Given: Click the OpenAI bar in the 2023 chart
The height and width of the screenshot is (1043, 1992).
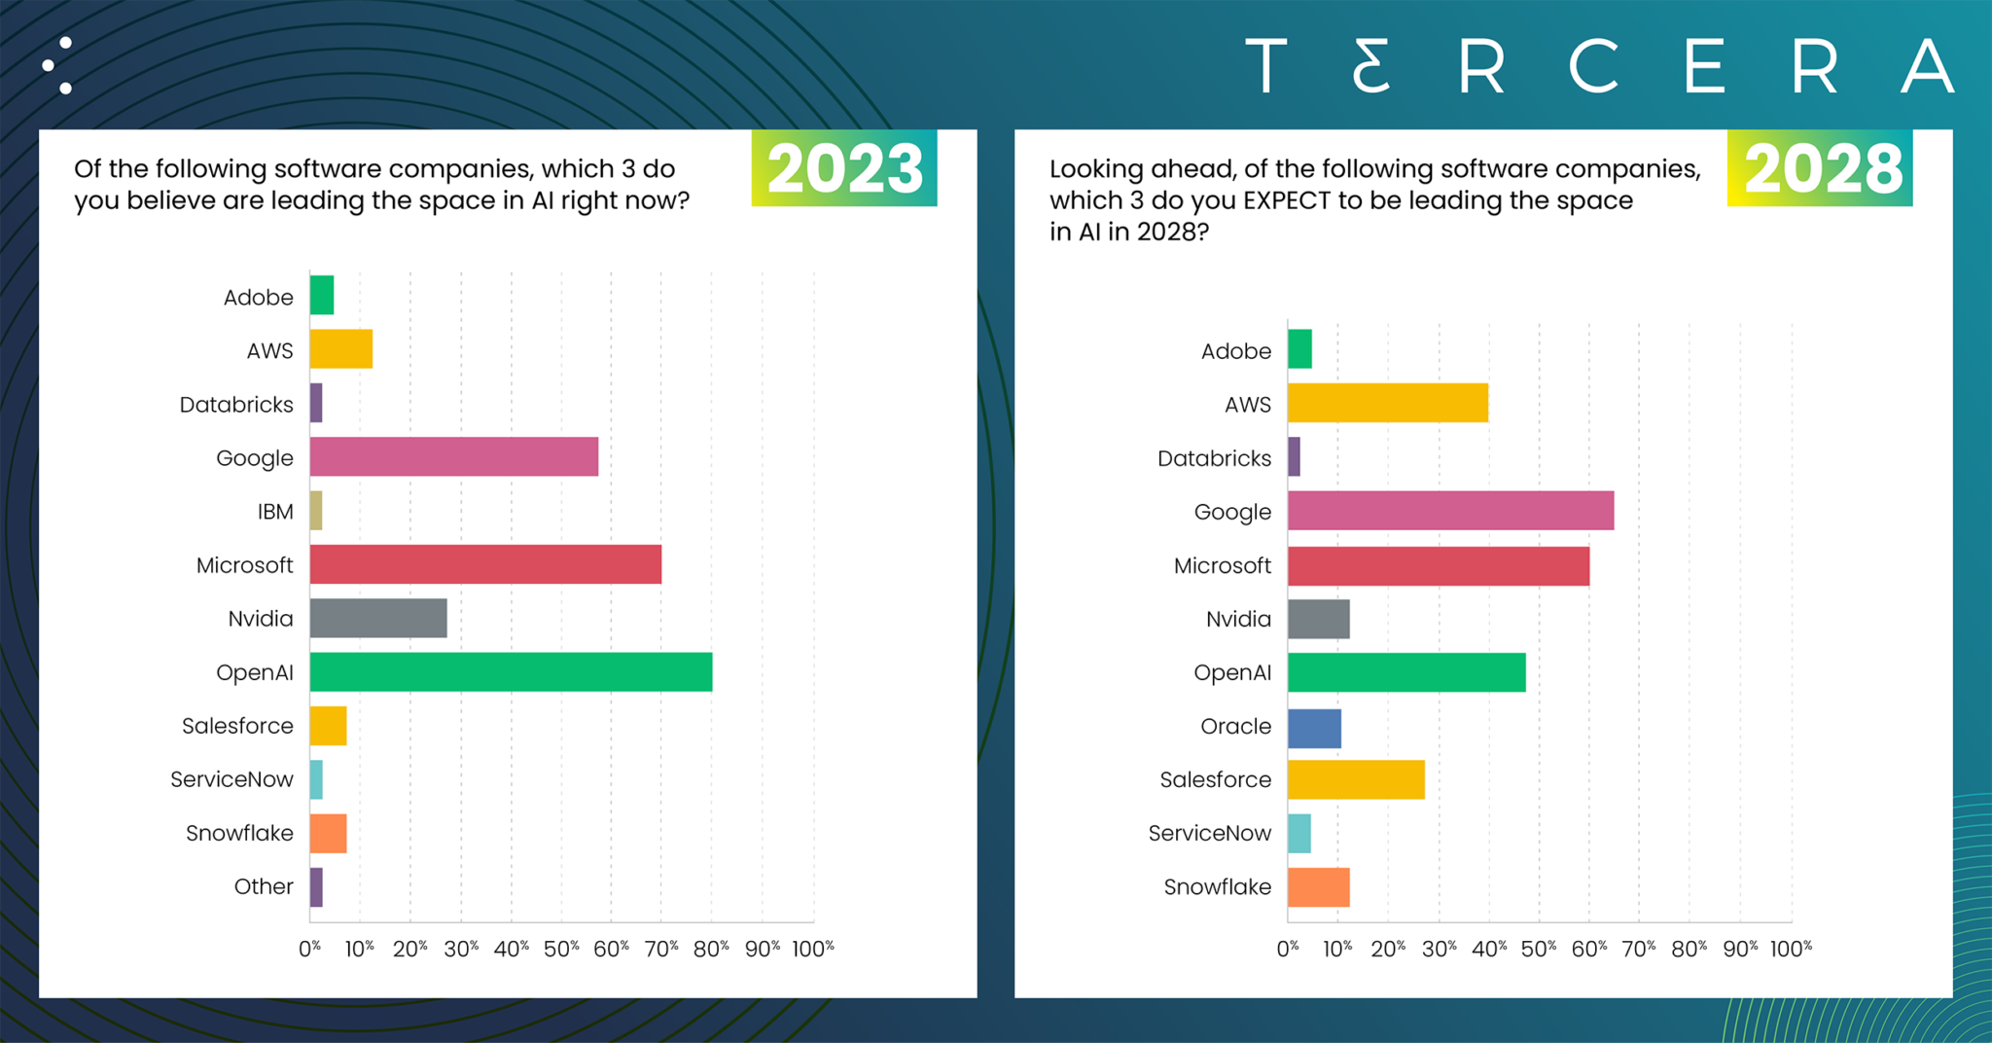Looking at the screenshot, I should click(x=511, y=672).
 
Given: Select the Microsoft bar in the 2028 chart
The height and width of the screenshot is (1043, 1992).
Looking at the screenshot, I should click(x=1438, y=566).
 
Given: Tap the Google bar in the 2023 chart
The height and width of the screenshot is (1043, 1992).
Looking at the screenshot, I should click(x=453, y=457).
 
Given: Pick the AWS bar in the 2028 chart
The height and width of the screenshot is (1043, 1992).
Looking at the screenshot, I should click(x=1387, y=403).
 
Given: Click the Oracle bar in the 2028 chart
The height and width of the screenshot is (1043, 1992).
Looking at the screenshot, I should click(x=1314, y=729).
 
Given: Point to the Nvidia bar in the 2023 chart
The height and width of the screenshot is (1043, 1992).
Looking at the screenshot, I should click(x=378, y=619).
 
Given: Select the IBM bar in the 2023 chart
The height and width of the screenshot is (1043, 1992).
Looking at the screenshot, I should click(x=316, y=511).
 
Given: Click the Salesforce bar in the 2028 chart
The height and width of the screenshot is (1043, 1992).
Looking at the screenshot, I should click(x=1356, y=780).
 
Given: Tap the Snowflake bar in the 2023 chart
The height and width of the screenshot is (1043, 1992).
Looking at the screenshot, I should click(x=328, y=834).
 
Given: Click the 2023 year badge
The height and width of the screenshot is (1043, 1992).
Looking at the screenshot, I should click(x=844, y=168).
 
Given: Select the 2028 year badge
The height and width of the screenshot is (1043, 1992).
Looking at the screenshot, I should click(x=1820, y=168).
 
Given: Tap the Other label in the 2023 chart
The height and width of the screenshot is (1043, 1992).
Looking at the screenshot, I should click(x=263, y=886).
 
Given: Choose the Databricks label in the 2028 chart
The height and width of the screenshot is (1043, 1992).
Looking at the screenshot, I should click(x=1214, y=458).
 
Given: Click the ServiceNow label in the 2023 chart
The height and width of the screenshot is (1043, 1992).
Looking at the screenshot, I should click(x=231, y=779).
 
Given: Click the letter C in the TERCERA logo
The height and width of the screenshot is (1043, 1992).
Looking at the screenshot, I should click(x=1592, y=67).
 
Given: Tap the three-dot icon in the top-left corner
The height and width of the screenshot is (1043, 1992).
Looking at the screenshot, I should click(x=58, y=66).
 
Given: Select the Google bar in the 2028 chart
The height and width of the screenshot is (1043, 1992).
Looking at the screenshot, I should click(x=1450, y=512).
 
